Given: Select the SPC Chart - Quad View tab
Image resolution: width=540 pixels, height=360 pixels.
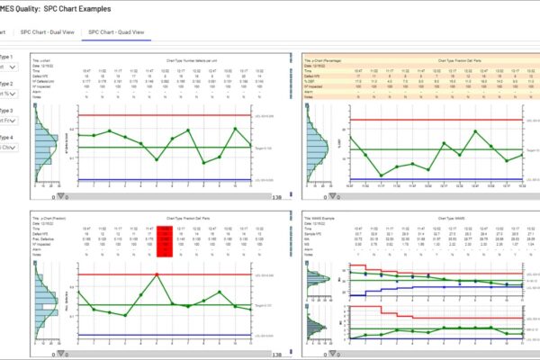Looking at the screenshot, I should (116, 31).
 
